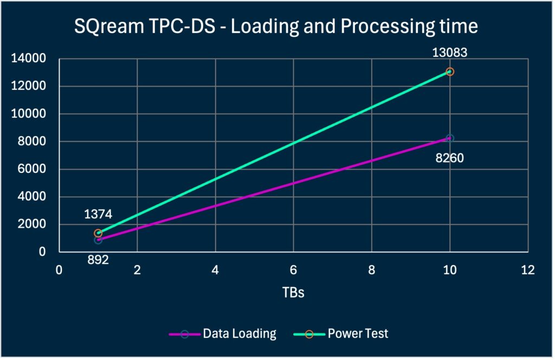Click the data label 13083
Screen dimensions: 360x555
click(449, 53)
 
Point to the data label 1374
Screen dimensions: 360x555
click(98, 214)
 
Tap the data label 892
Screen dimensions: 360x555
click(98, 260)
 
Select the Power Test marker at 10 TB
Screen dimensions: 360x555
click(449, 72)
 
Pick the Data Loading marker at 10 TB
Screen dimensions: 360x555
click(449, 138)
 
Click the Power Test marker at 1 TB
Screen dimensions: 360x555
click(98, 233)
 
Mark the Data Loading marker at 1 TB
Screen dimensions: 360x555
click(98, 240)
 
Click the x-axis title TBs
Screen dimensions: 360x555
click(293, 293)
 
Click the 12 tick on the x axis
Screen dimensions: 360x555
click(527, 269)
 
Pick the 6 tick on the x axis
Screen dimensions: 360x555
click(293, 269)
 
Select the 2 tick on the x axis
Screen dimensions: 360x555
click(137, 269)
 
